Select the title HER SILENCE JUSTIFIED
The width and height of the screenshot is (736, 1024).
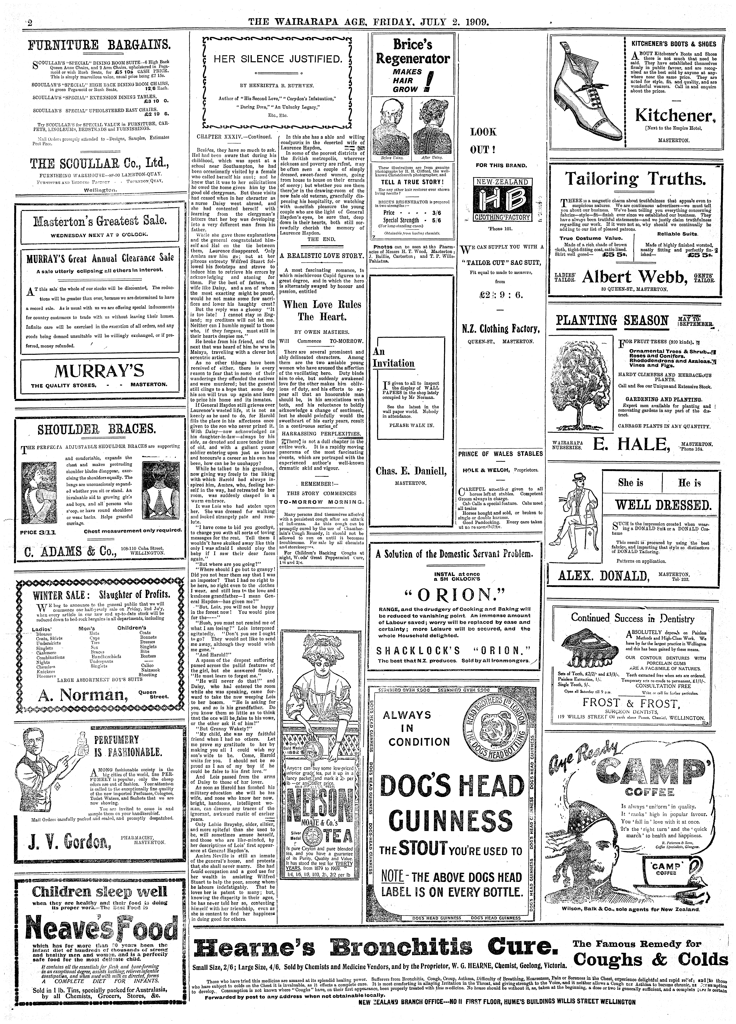[x=277, y=59]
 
